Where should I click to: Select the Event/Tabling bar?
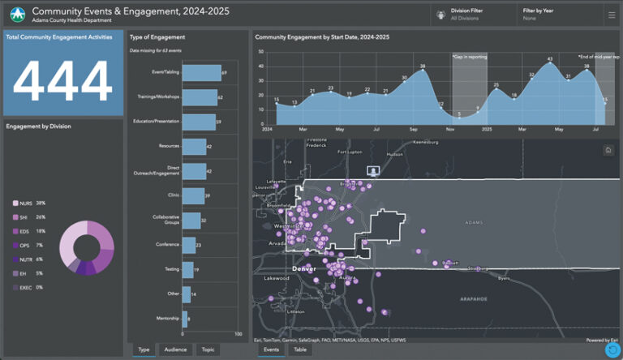click(201, 73)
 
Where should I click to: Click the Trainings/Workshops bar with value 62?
click(200, 97)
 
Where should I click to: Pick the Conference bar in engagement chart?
click(188, 244)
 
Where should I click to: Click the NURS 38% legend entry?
click(30, 203)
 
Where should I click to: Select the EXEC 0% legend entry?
click(30, 287)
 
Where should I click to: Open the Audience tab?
click(176, 349)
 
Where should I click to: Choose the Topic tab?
click(208, 349)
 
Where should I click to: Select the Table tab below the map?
click(300, 349)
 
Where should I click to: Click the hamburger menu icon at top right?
click(611, 14)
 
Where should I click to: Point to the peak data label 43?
click(549, 59)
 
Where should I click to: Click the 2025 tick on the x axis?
click(486, 129)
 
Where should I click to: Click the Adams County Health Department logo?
click(16, 14)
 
